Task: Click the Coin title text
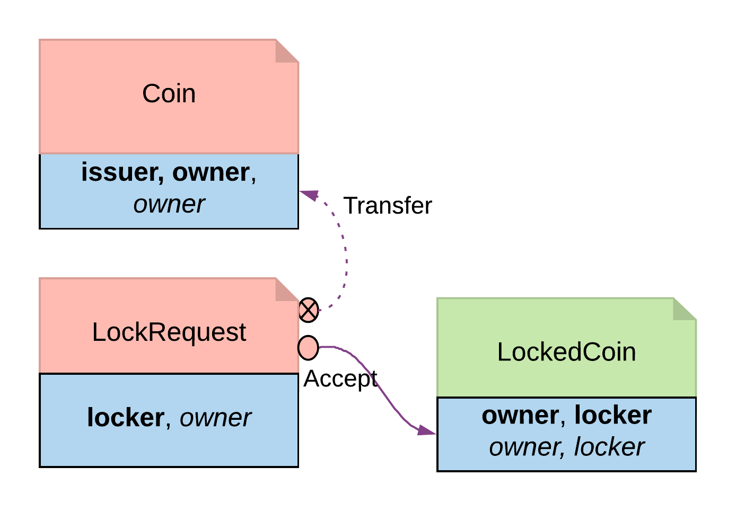169,94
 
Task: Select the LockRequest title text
169,332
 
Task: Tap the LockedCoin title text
566,352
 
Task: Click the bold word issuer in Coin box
121,172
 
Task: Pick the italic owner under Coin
169,204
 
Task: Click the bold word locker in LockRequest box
126,418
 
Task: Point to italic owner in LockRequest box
215,418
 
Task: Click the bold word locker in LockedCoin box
613,415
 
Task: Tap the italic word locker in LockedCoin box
609,447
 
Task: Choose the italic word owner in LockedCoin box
524,447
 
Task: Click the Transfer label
388,206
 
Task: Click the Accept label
340,379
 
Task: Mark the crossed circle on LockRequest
309,310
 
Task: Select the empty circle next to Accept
308,348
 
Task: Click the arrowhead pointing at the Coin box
309,195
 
